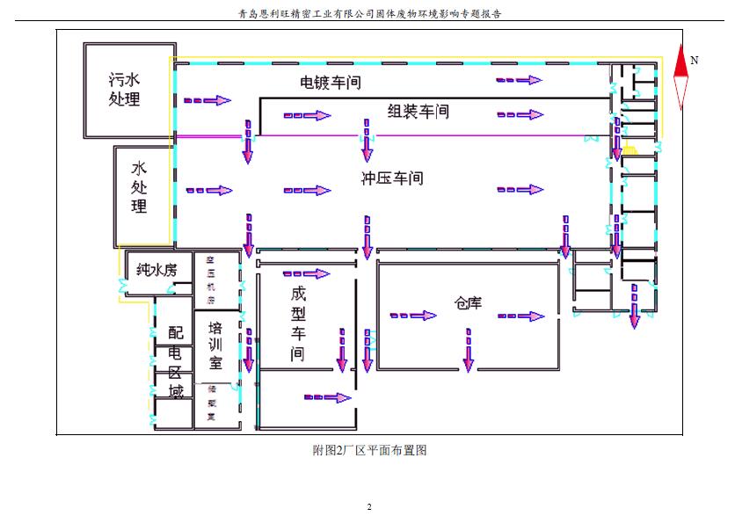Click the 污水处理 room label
coord(124,89)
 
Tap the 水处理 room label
coord(139,187)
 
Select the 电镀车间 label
coord(331,84)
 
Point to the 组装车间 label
coord(418,112)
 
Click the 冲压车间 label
coord(392,178)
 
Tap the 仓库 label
coord(469,303)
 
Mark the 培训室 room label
coord(215,345)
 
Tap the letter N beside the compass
coord(695,61)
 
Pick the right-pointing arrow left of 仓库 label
coord(413,316)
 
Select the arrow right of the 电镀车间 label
coord(520,80)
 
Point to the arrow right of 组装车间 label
coord(520,114)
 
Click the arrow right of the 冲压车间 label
coord(520,189)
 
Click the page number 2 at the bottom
coord(369,507)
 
